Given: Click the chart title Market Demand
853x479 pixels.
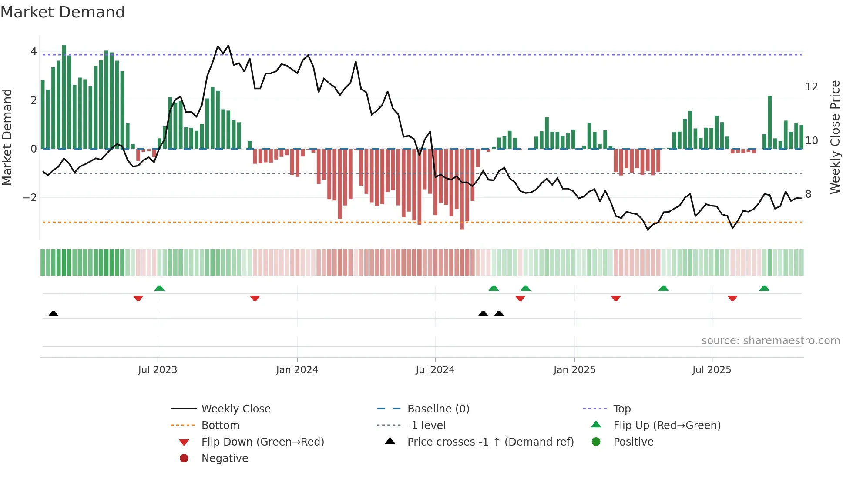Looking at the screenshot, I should click(x=63, y=12).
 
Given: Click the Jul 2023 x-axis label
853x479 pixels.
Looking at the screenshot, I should click(x=158, y=370).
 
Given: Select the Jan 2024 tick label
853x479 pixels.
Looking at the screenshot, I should click(x=297, y=370).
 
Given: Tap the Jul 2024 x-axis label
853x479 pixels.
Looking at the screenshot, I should click(x=435, y=370).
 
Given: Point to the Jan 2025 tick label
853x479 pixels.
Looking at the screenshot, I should click(x=574, y=370).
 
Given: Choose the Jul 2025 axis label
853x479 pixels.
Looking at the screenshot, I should click(x=712, y=370).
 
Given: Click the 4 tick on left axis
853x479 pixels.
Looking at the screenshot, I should click(x=34, y=51).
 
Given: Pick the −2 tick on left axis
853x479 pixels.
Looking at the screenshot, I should click(x=30, y=198).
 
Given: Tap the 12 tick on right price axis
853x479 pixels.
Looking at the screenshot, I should click(x=811, y=87).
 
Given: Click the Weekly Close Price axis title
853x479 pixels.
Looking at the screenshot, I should click(x=835, y=137).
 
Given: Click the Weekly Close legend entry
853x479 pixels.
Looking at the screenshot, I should click(x=235, y=409).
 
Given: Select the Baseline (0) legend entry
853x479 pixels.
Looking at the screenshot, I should click(x=438, y=409).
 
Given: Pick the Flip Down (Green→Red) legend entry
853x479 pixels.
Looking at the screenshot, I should click(x=262, y=442).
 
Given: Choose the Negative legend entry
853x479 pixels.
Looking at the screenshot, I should click(x=225, y=459).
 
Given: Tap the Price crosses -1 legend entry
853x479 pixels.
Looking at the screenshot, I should click(x=490, y=442).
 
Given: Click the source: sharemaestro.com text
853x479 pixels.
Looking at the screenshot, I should click(x=770, y=341).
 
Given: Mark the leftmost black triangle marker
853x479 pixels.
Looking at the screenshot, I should click(x=53, y=313).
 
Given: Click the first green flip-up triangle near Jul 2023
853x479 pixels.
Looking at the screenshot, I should click(x=159, y=288).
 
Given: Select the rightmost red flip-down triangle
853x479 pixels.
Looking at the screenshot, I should click(x=732, y=298).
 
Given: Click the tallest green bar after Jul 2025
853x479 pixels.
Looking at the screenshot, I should click(x=769, y=122).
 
